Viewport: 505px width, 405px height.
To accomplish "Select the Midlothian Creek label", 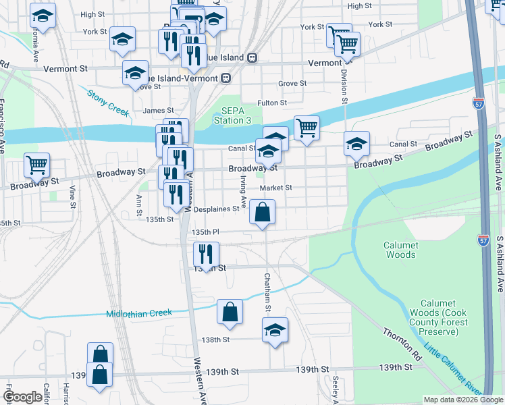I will (x=139, y=313).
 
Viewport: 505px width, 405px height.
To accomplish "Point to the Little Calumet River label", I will (x=453, y=371).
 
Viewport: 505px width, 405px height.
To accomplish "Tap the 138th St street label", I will (x=217, y=340).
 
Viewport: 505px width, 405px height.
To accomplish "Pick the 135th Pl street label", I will (x=206, y=232).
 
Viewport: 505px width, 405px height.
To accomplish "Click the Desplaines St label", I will (x=216, y=209).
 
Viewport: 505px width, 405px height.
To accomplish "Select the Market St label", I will (x=277, y=188).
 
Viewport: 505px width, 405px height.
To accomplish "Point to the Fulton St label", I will (x=272, y=103).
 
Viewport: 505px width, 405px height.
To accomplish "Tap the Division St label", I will (x=344, y=86).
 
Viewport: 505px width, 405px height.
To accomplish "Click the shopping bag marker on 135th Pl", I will (x=263, y=212).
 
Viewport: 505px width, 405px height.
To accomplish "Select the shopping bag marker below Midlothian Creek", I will (x=230, y=312).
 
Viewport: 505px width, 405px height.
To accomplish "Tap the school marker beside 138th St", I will (x=275, y=330).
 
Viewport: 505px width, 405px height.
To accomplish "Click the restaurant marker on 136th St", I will (x=206, y=254).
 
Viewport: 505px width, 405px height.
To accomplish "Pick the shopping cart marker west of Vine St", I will (x=36, y=164).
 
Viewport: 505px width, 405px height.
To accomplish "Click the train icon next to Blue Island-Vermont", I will (x=226, y=78).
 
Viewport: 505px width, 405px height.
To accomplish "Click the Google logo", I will (x=22, y=397).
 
